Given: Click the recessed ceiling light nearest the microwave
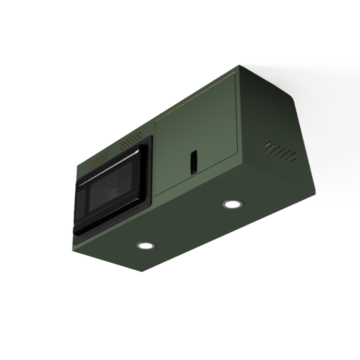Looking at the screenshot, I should tap(146, 245).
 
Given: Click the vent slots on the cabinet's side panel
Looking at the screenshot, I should tap(281, 152).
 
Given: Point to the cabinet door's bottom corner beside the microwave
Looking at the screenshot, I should tap(155, 196).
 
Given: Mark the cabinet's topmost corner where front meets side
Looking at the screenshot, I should tap(240, 65).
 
